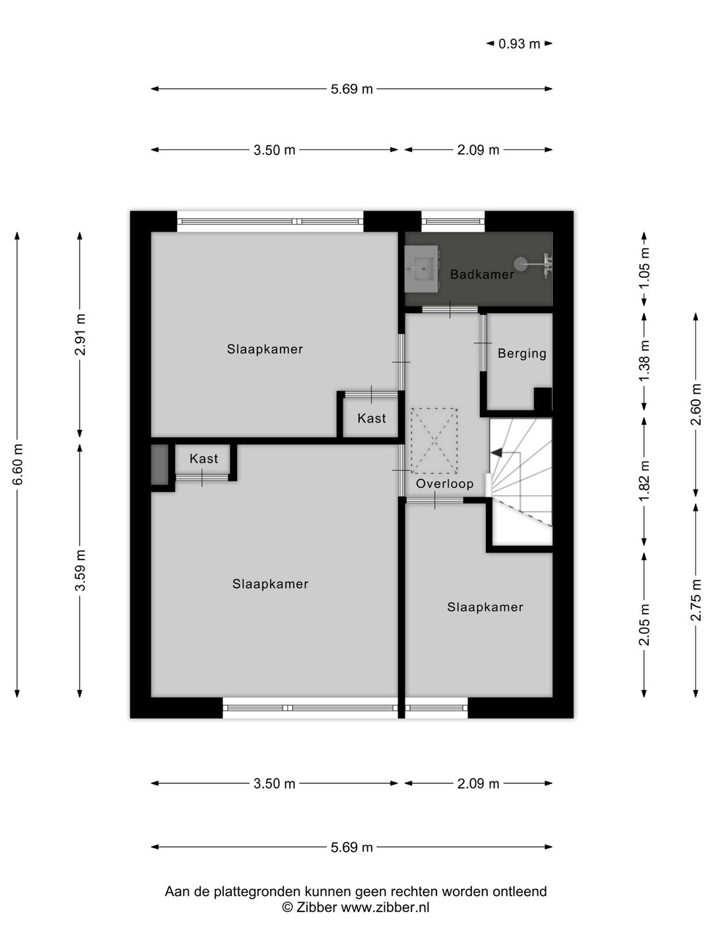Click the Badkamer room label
click(482, 274)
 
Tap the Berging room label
click(522, 353)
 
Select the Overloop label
click(444, 483)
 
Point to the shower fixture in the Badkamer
click(533, 264)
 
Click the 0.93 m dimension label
click(519, 44)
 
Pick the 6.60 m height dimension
click(17, 464)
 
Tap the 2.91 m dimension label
click(80, 334)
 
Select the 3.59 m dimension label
click(80, 570)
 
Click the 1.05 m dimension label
click(644, 267)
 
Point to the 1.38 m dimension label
click(644, 361)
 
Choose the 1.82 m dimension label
click(644, 481)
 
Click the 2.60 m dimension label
click(696, 405)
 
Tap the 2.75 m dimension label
click(696, 600)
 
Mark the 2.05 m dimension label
click(644, 625)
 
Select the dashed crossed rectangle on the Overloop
click(434, 440)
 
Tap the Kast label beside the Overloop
click(372, 418)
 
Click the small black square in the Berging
click(543, 399)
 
